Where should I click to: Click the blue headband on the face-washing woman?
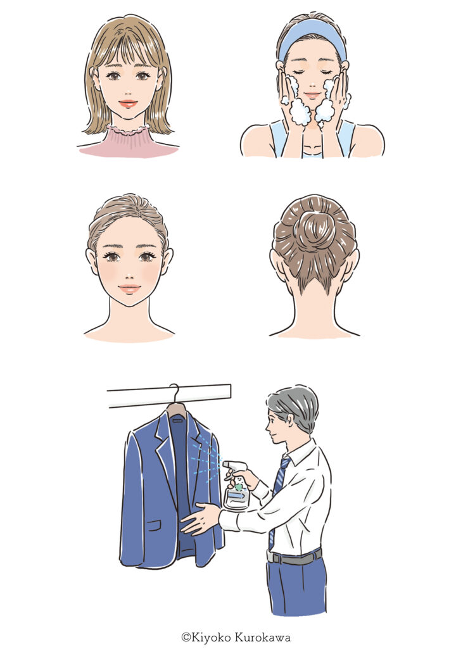pos(312,33)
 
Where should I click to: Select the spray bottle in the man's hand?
pos(236,485)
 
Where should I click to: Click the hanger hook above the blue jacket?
pos(175,393)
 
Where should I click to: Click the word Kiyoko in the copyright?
pos(212,638)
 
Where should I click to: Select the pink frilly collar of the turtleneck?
pos(128,130)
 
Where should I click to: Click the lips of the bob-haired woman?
pos(128,103)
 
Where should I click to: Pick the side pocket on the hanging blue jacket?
pos(153,525)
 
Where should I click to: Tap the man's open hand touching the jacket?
pos(200,519)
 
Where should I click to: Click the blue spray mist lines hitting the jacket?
pos(206,458)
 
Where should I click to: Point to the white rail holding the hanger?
pos(169,395)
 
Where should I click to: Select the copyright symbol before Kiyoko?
pos(186,638)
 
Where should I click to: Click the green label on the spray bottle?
pos(239,487)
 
